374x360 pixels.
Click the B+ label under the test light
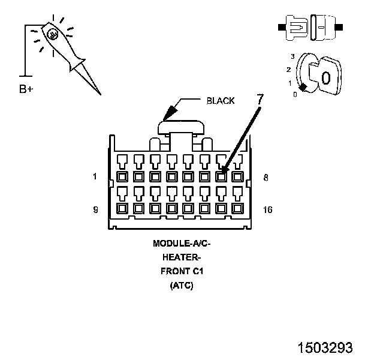pos(26,89)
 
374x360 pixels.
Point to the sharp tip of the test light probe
pos(101,94)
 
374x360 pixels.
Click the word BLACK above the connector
pos(221,101)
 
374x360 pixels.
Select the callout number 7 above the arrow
pos(260,99)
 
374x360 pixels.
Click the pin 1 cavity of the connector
pos(122,177)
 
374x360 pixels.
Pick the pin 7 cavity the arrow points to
pos(221,177)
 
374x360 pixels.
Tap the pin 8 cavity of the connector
pos(238,177)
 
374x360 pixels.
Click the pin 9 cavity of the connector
pos(122,209)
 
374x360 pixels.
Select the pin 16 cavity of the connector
pos(238,209)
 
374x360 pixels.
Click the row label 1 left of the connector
pos(95,176)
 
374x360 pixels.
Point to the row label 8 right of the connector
pos(266,178)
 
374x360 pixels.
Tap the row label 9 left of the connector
pos(95,209)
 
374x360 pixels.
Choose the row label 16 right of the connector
pos(268,209)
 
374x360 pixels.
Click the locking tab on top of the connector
pos(181,127)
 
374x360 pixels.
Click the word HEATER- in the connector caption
pos(182,257)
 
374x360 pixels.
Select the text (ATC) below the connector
pos(182,285)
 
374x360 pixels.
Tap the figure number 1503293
pos(325,347)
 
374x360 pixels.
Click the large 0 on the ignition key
pos(326,78)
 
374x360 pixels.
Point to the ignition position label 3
pos(292,56)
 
